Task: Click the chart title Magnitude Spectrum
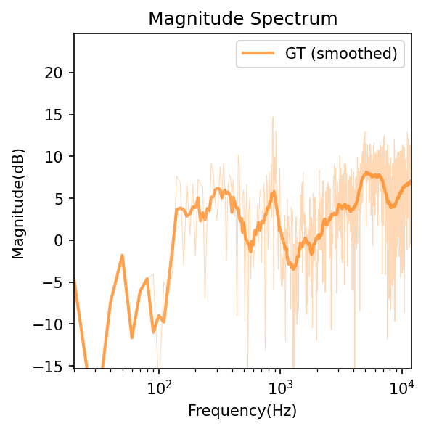243,19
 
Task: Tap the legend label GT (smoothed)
343,53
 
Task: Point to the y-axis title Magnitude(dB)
17,200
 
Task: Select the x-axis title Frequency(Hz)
242,411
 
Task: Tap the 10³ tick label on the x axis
280,386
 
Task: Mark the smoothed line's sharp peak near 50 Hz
122,256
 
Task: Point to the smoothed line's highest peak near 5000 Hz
367,173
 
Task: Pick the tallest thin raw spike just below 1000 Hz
273,117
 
